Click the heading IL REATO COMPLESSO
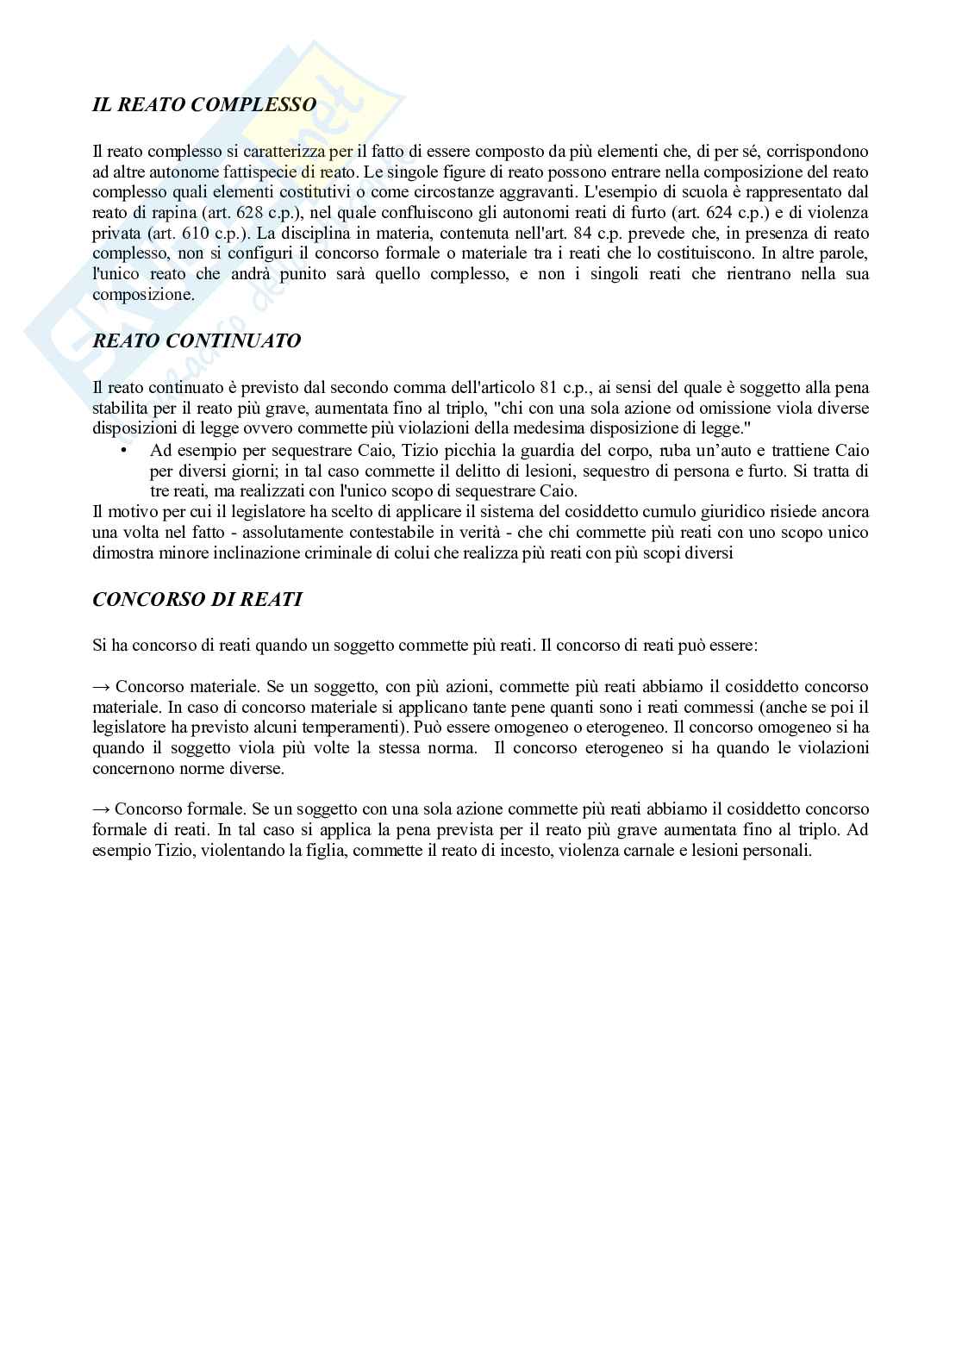(204, 105)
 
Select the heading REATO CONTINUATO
(197, 340)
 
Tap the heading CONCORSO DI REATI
(197, 599)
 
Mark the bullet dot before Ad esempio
(123, 451)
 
